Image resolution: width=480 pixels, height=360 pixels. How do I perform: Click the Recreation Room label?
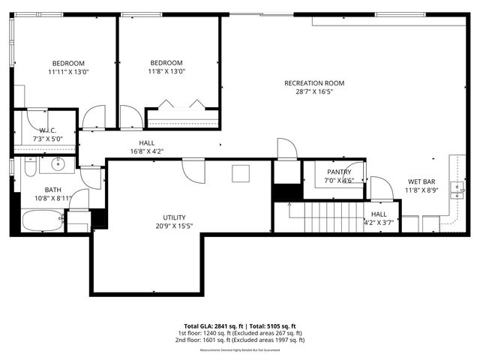(x=313, y=82)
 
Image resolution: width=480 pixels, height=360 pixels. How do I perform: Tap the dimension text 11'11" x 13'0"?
(x=67, y=72)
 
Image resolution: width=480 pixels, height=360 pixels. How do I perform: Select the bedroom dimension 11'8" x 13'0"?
(x=166, y=72)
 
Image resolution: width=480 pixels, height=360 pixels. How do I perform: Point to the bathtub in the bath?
(x=41, y=221)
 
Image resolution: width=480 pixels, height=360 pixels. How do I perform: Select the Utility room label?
(x=175, y=217)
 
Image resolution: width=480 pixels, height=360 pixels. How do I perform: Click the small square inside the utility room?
(x=241, y=172)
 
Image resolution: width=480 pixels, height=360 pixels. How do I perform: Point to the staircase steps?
(x=330, y=217)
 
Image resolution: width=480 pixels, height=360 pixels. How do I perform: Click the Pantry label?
(x=338, y=172)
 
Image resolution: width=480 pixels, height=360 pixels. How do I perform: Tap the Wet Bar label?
(x=421, y=181)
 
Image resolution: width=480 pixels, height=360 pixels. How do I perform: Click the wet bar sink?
(x=455, y=187)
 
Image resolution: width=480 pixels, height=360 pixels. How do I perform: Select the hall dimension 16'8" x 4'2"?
(x=146, y=151)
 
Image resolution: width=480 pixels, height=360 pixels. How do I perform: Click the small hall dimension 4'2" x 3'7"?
(x=379, y=222)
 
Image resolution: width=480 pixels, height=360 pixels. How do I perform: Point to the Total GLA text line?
(x=240, y=325)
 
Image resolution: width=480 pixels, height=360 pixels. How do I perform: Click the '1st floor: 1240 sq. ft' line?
(x=240, y=333)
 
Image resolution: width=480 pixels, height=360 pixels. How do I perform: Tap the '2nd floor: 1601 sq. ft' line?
(x=240, y=340)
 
